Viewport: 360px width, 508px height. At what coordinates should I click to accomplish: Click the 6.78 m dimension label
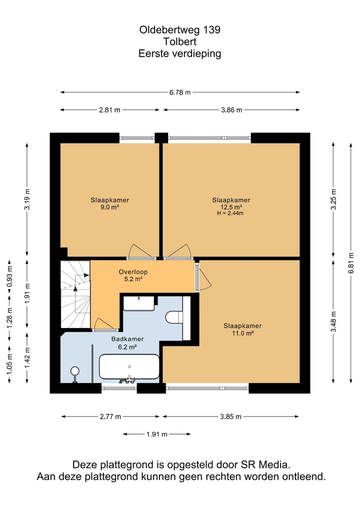180,92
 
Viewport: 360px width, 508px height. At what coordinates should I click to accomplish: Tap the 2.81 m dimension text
109,110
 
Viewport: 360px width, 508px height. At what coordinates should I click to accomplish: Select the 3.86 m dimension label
231,110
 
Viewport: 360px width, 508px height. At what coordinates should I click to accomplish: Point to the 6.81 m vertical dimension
351,263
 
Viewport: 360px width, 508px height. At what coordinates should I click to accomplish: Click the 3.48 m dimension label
333,321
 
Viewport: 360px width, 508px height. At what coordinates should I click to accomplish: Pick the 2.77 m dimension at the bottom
110,417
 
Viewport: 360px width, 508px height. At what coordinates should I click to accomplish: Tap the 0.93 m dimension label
9,277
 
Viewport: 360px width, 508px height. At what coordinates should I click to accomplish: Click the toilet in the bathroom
174,317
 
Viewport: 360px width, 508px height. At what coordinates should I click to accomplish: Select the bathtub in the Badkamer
129,367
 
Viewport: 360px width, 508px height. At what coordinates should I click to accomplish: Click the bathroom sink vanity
139,303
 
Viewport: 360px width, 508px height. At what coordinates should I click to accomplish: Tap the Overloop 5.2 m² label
133,275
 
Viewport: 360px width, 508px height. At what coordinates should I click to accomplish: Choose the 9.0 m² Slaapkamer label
109,203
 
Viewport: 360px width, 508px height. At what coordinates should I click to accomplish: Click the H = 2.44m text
230,213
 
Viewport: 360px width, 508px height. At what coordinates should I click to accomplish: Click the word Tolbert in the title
180,41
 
